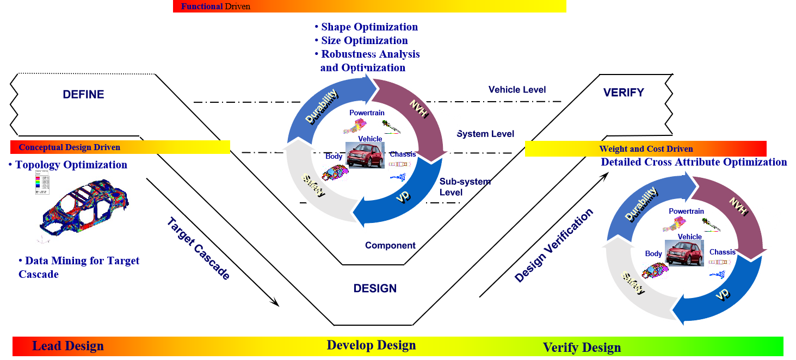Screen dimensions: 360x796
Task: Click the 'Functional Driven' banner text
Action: pyautogui.click(x=215, y=7)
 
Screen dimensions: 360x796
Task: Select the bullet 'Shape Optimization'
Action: pyautogui.click(x=369, y=27)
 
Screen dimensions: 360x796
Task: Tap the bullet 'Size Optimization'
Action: pyautogui.click(x=364, y=41)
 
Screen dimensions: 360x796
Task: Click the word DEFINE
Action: pyautogui.click(x=83, y=95)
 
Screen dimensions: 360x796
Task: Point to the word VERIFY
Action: pyautogui.click(x=624, y=92)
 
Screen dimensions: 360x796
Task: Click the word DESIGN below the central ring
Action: pyautogui.click(x=375, y=288)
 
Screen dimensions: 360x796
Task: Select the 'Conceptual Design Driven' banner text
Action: pyautogui.click(x=70, y=147)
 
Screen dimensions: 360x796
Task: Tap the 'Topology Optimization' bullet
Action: pyautogui.click(x=71, y=165)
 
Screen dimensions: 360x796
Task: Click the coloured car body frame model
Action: pyautogui.click(x=84, y=207)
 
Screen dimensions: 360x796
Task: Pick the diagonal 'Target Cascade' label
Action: pyautogui.click(x=198, y=249)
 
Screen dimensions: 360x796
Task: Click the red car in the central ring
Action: pyautogui.click(x=365, y=156)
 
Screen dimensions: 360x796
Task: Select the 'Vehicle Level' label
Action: pyautogui.click(x=517, y=90)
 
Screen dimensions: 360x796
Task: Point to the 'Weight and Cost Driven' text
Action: pyautogui.click(x=646, y=149)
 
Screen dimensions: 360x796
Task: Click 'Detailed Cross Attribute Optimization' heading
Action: pyautogui.click(x=694, y=162)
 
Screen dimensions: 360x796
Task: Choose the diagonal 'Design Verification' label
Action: pyautogui.click(x=554, y=246)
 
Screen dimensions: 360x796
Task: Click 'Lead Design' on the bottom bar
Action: pyautogui.click(x=68, y=346)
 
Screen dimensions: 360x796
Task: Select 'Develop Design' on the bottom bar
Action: pyautogui.click(x=371, y=345)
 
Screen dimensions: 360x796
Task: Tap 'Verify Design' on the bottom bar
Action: pyautogui.click(x=582, y=347)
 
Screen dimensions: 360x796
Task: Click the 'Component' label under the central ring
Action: pyautogui.click(x=390, y=246)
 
